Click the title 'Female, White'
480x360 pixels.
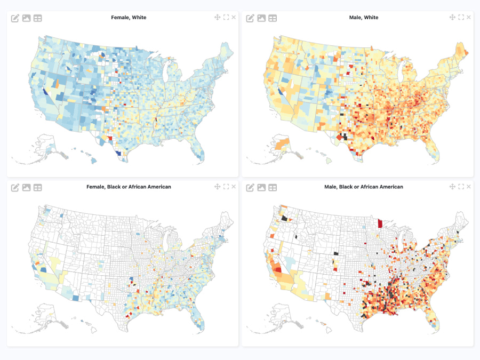coord(129,18)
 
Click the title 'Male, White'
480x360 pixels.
coord(364,18)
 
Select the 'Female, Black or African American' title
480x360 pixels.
coord(129,187)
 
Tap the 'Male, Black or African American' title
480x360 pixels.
coord(364,187)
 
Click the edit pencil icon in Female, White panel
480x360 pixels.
coord(15,18)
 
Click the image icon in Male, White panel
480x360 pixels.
coord(261,18)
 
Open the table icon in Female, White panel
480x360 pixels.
coord(37,18)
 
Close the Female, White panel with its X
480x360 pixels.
coord(234,17)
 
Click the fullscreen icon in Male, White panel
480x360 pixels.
coord(461,17)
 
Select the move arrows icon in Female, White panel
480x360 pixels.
coord(217,17)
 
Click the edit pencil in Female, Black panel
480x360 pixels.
coord(15,187)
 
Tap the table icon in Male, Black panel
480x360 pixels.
coord(273,187)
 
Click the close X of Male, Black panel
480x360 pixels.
coord(469,186)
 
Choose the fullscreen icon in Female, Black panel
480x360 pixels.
coord(226,186)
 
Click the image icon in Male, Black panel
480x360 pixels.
coord(261,187)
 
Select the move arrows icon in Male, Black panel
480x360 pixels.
coord(452,186)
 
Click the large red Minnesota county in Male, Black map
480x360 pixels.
coord(380,223)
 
